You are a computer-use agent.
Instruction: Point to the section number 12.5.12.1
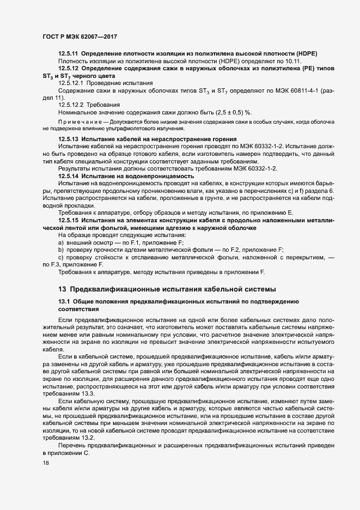tap(71, 82)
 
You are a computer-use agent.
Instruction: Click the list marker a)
tap(62, 242)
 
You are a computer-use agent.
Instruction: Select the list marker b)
tap(62, 249)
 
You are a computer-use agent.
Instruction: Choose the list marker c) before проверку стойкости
tap(62, 257)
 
